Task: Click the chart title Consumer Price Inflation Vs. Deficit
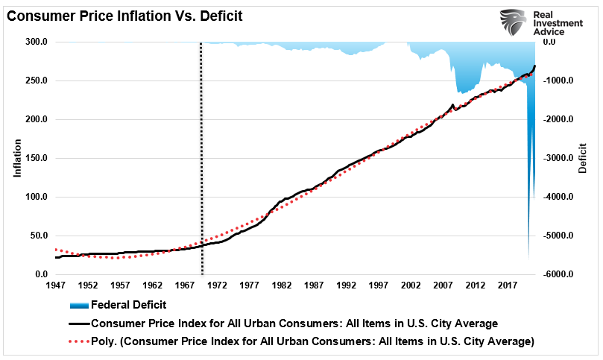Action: [x=124, y=15]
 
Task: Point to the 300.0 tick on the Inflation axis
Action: [x=37, y=42]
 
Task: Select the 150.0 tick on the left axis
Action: [x=37, y=158]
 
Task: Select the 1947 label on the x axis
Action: [x=56, y=285]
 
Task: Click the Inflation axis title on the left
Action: [x=16, y=158]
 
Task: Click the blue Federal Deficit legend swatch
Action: [x=78, y=305]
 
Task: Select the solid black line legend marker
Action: [x=78, y=323]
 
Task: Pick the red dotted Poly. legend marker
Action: [x=78, y=342]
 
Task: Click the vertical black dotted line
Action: [x=201, y=149]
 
